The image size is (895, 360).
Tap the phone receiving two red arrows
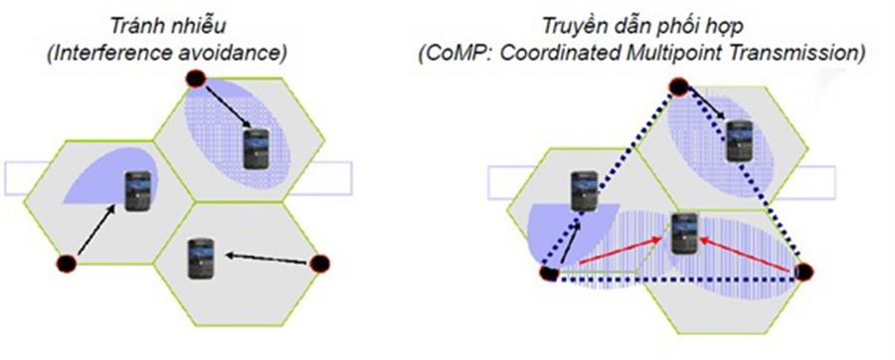(x=682, y=235)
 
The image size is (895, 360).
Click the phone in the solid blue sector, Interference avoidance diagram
(x=137, y=189)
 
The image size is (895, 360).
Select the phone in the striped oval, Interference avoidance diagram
(x=259, y=147)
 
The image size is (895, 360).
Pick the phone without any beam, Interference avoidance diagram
(x=202, y=257)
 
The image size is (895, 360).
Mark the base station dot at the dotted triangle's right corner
(x=804, y=271)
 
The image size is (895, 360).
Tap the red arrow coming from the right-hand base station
(x=747, y=255)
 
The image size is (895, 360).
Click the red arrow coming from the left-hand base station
(x=612, y=254)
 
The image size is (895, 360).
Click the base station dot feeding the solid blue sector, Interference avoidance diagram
(x=67, y=264)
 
